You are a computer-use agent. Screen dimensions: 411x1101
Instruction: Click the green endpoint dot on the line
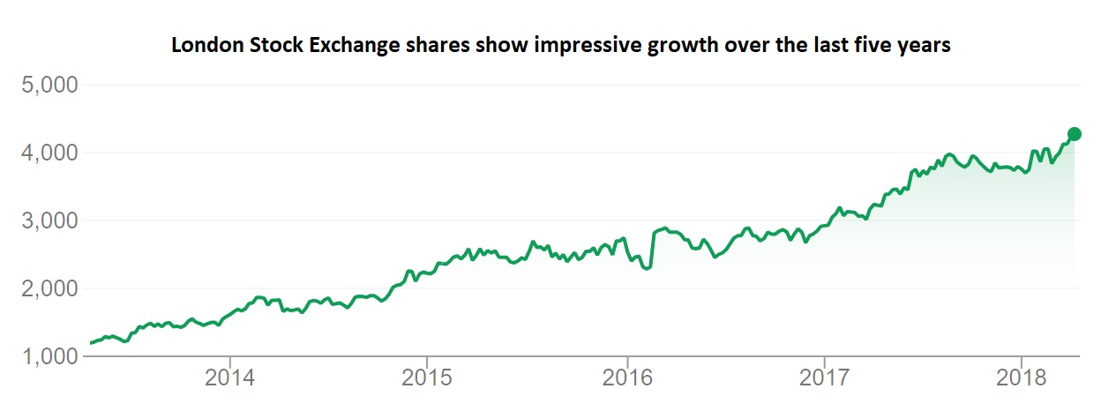point(1074,134)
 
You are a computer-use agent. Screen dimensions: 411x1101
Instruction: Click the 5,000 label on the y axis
point(49,86)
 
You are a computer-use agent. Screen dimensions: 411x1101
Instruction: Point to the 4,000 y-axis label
point(49,153)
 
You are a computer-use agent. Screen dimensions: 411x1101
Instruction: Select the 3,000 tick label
point(49,221)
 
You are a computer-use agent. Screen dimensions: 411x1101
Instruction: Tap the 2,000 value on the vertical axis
point(49,289)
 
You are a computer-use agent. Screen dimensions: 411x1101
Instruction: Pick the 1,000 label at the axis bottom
point(49,357)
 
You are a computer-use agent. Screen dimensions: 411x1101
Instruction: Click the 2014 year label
point(229,379)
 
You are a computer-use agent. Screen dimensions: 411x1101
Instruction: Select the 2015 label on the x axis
point(427,379)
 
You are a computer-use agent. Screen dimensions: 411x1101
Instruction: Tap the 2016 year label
point(625,379)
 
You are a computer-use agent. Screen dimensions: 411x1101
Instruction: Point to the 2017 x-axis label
point(823,379)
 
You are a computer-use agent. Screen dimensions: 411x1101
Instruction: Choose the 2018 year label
point(1021,379)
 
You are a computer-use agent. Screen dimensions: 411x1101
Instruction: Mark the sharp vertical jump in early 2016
point(652,250)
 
